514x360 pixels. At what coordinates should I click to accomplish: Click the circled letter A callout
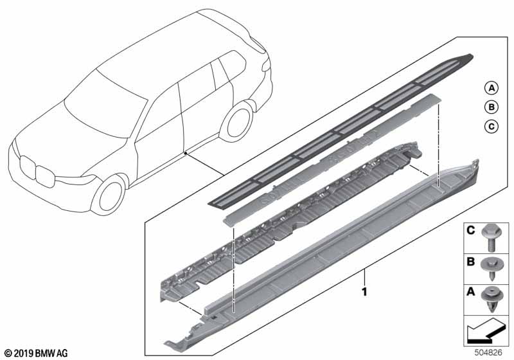(491, 88)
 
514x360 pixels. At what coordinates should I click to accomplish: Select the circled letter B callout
(491, 107)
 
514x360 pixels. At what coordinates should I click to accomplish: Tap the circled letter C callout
(491, 126)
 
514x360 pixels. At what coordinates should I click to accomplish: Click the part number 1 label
(364, 291)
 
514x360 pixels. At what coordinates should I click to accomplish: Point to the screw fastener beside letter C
(491, 239)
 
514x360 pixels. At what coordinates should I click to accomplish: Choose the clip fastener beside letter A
(491, 298)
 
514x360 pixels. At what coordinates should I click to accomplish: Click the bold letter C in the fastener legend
(471, 231)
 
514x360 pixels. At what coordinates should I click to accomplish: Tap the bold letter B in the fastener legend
(471, 262)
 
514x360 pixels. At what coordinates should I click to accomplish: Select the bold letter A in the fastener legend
(471, 291)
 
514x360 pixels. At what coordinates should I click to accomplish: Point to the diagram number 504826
(488, 353)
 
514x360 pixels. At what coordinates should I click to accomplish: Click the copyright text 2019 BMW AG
(37, 354)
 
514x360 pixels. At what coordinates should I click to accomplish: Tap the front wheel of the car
(109, 195)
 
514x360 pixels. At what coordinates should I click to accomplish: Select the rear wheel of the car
(236, 122)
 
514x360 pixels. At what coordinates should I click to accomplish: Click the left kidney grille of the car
(28, 168)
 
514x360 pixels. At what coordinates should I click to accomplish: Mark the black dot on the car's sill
(186, 153)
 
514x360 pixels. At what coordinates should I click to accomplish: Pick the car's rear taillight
(266, 66)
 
